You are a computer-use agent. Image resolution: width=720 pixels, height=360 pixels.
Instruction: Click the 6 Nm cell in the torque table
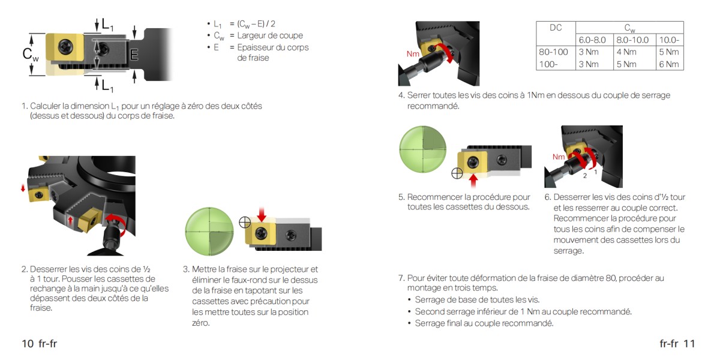click(669, 64)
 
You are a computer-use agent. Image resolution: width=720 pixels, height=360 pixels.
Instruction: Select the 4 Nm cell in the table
click(626, 52)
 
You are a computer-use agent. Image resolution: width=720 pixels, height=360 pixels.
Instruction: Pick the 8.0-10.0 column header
click(632, 40)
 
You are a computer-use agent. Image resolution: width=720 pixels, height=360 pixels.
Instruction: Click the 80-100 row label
click(553, 52)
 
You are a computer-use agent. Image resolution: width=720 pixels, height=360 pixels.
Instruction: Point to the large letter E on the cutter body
click(134, 55)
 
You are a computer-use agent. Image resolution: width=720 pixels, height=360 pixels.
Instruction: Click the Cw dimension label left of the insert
click(31, 54)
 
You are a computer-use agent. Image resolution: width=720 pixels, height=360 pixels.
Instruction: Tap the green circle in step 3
click(209, 232)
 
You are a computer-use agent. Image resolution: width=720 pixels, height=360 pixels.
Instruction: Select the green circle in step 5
click(422, 149)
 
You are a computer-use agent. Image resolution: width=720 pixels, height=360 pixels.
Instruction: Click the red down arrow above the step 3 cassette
click(262, 214)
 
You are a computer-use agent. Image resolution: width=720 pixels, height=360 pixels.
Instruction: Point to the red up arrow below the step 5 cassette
click(473, 181)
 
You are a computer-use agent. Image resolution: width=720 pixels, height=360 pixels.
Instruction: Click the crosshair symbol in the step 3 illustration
click(245, 222)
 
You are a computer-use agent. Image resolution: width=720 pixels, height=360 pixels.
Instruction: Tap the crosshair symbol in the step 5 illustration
click(457, 173)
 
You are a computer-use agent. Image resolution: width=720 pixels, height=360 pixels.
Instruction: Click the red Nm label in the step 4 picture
click(413, 53)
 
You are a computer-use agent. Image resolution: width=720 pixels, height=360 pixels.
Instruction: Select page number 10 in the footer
click(28, 344)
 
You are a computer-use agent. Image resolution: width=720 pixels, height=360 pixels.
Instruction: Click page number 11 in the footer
click(689, 344)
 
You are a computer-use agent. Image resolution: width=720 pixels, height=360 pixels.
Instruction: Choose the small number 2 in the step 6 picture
click(585, 176)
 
